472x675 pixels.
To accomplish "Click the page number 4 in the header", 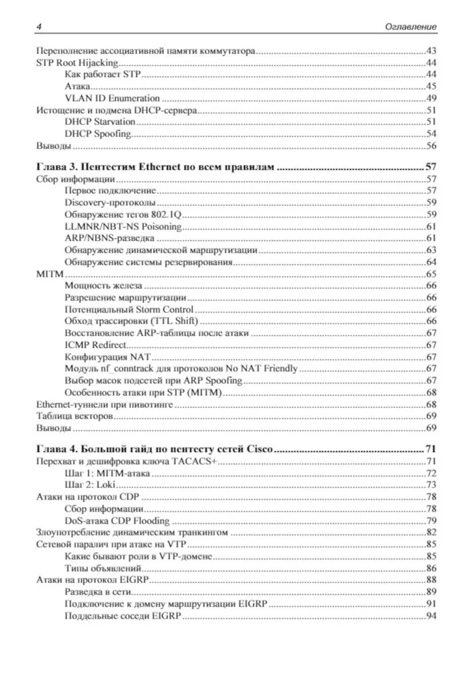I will (38, 26).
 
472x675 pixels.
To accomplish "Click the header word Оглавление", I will (408, 26).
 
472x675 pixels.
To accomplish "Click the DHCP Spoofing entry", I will (98, 134).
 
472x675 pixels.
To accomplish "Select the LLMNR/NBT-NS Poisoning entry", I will (115, 226).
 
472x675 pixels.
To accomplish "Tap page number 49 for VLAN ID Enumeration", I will (431, 98).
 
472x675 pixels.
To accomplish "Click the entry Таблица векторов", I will (73, 416).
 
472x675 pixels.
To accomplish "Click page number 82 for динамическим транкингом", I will (431, 532).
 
